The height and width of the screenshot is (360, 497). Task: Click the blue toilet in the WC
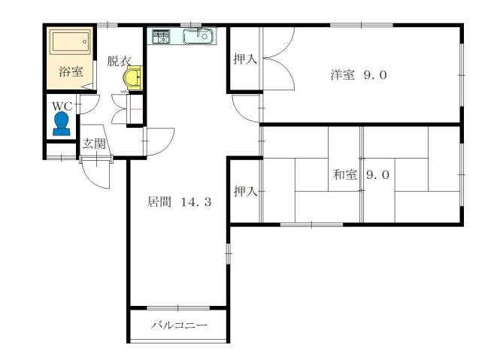(61, 125)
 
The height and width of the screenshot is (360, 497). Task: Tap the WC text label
(59, 106)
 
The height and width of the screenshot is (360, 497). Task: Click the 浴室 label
(71, 74)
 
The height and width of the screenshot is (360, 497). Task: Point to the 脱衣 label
(118, 60)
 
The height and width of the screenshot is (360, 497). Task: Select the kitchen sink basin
(200, 35)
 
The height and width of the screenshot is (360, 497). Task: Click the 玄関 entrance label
(93, 144)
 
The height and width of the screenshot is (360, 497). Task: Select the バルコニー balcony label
(178, 325)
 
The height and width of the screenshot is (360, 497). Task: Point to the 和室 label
(345, 175)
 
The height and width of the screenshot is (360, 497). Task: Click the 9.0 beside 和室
(377, 175)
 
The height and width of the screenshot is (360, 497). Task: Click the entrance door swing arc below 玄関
(95, 174)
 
